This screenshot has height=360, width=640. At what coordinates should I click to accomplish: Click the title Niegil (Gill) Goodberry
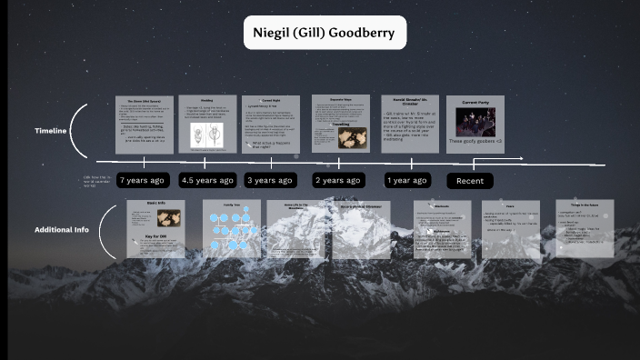325,34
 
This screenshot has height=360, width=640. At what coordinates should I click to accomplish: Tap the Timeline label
51,131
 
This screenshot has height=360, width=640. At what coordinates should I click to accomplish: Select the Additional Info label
62,229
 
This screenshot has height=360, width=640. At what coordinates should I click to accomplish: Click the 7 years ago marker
142,180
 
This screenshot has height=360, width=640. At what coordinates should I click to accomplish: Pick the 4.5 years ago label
206,180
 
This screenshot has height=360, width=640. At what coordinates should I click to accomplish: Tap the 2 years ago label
338,180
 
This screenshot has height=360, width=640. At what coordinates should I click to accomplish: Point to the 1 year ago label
406,180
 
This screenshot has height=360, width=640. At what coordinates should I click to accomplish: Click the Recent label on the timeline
470,181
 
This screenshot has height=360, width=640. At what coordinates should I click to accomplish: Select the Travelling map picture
351,136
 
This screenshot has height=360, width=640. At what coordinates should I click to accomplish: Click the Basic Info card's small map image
168,218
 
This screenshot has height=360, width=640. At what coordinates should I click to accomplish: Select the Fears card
510,228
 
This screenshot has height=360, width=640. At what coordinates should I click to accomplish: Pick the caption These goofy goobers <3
475,143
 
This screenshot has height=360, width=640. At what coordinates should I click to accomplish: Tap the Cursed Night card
271,124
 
